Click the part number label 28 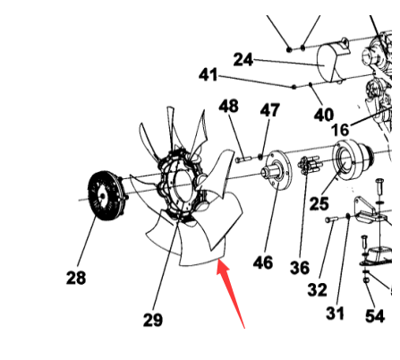pos(76,278)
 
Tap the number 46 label pos(262,262)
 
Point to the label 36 pos(300,267)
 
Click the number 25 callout pos(319,203)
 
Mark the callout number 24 pos(243,59)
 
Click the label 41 pos(209,75)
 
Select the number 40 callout pos(323,115)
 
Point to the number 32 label pos(317,289)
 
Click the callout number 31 pos(335,313)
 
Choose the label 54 pos(375,318)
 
